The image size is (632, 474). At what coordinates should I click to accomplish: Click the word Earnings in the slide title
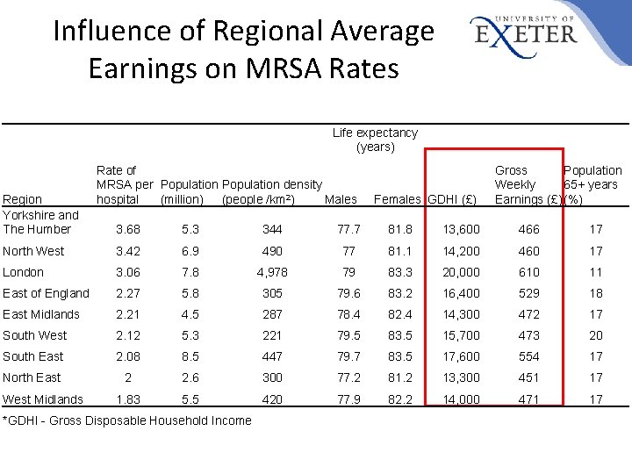click(142, 68)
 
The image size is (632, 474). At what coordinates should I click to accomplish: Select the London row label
click(23, 272)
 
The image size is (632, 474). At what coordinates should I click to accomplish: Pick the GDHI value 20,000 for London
click(461, 272)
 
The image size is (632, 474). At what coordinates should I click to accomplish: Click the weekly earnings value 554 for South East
click(528, 356)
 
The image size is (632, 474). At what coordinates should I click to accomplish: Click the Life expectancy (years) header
click(375, 140)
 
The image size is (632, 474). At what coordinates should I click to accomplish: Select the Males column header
click(341, 199)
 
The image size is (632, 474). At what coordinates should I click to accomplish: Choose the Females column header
click(397, 199)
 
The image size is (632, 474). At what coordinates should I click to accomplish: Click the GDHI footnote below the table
click(127, 420)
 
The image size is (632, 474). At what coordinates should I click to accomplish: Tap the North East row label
click(32, 377)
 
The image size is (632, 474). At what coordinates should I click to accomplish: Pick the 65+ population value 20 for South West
click(596, 335)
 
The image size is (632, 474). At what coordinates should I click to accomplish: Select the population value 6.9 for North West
click(190, 251)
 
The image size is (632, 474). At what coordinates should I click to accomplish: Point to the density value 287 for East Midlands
click(272, 314)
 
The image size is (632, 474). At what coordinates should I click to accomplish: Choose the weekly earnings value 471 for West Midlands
click(528, 399)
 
